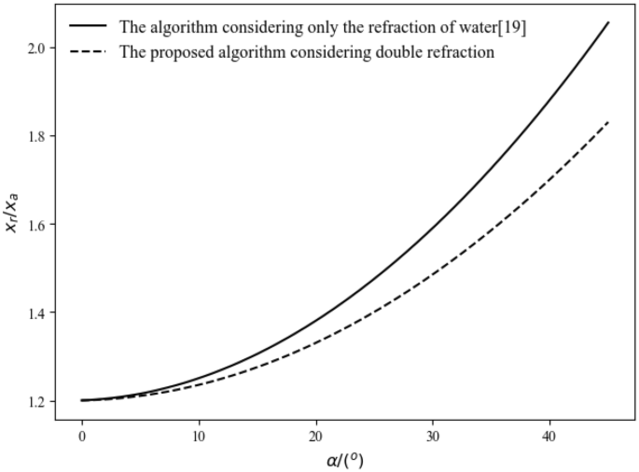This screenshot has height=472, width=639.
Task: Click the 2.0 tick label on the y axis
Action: [36, 48]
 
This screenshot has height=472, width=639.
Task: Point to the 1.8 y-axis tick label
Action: [36, 136]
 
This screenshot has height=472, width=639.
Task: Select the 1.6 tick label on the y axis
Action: [36, 225]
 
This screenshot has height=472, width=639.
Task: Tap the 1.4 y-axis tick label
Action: [36, 312]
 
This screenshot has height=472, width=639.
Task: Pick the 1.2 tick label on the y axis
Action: [36, 401]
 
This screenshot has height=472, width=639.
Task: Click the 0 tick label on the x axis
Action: [82, 436]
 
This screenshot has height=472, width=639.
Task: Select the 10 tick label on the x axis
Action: [199, 436]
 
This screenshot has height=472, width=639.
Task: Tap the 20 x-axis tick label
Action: [316, 436]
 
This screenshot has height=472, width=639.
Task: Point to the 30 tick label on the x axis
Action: [433, 436]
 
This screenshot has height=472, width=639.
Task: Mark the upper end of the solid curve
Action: [608, 22]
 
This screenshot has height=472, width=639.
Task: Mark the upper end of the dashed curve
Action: [608, 121]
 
